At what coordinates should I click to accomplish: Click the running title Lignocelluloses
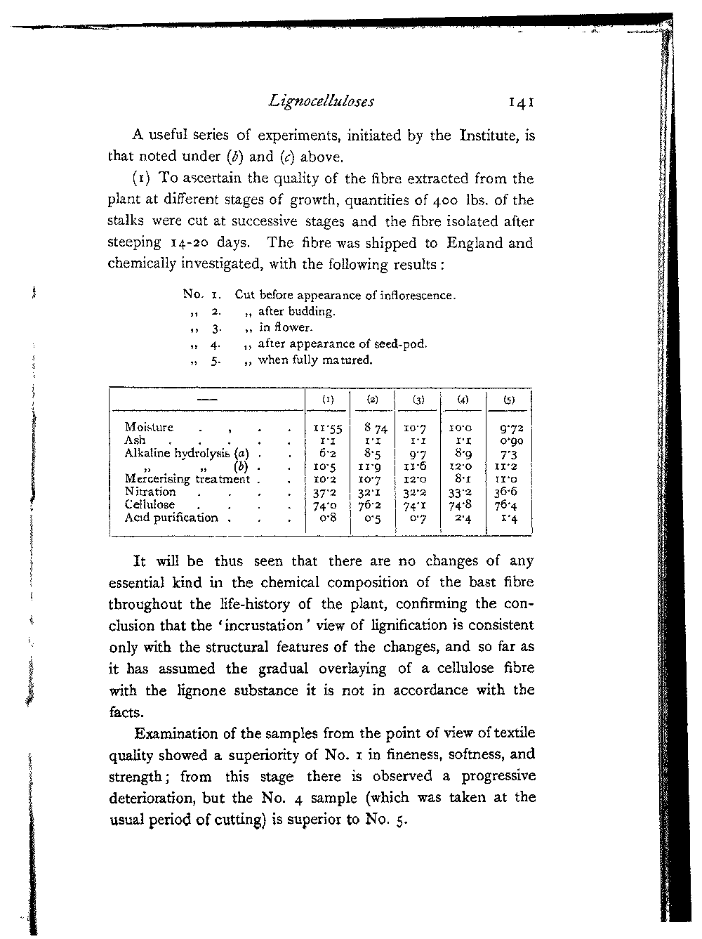pos(322,103)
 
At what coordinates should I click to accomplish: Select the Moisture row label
pos(149,427)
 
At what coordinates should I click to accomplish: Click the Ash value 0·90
pos(510,441)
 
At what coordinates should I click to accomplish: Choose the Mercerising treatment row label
pos(187,479)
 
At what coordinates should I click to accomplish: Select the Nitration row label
pos(150,492)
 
